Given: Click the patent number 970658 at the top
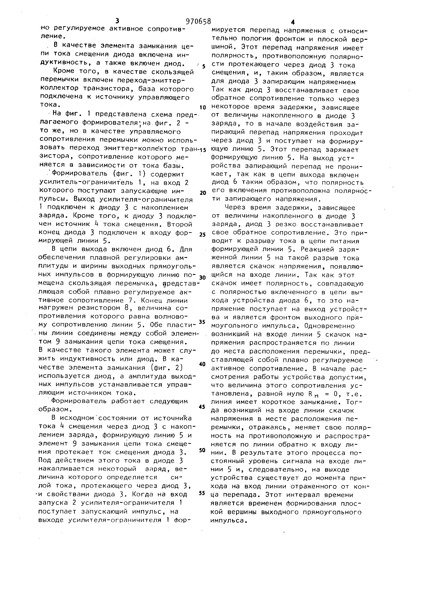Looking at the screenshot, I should (198, 21).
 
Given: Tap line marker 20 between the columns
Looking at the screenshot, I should (203, 193).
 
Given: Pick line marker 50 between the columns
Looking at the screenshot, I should (202, 450).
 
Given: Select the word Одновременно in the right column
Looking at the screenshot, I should (330, 326).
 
